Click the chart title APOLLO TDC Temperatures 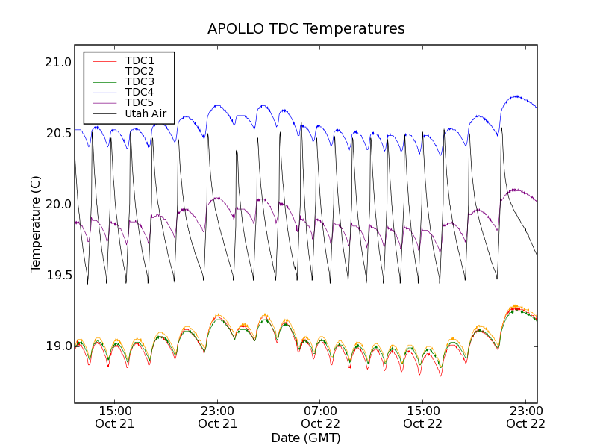coord(306,29)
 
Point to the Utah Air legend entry coord(145,113)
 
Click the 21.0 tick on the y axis coord(57,63)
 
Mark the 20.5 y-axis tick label coord(57,134)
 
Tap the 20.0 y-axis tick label coord(57,205)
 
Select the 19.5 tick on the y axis coord(57,276)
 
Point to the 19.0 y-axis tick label coord(57,346)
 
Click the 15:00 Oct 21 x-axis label coord(115,417)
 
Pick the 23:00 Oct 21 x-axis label coord(218,417)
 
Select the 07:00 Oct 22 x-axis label coord(321,417)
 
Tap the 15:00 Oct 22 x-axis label coord(423,417)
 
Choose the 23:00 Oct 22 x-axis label coord(526,417)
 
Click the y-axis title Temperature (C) coord(36,224)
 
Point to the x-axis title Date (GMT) coord(306,438)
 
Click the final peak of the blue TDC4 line coord(516,96)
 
